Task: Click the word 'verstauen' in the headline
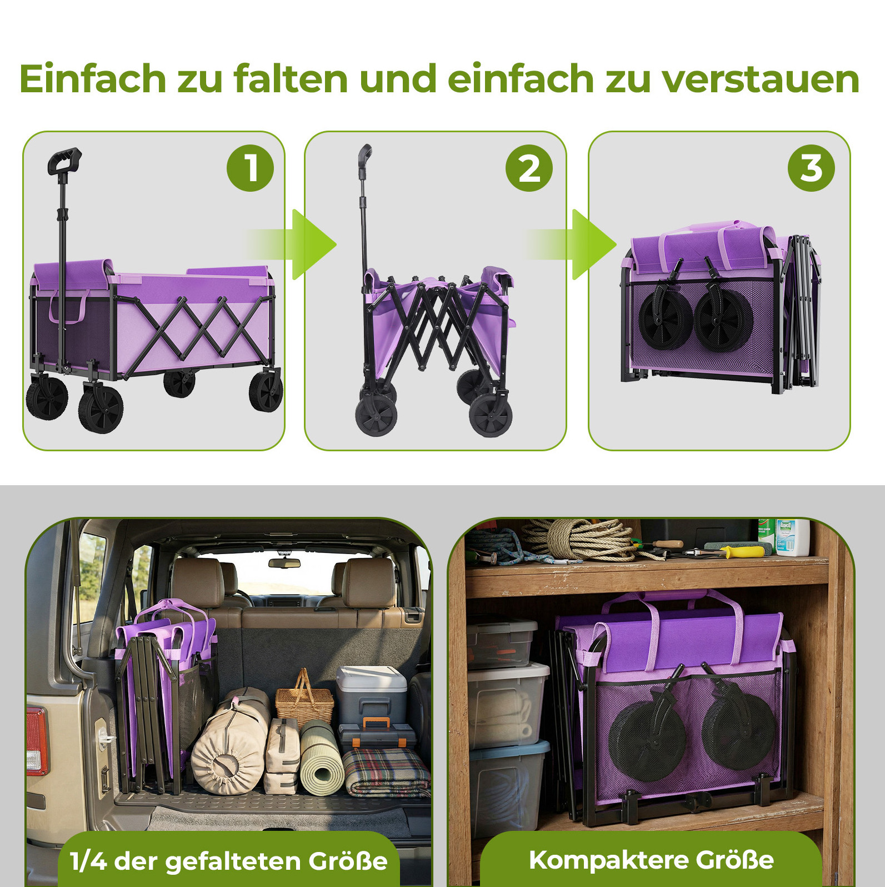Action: (x=761, y=79)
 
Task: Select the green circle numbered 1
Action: (x=250, y=168)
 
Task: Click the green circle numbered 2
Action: (x=529, y=168)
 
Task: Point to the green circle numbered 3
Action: (x=811, y=168)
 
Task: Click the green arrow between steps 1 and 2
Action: (x=292, y=245)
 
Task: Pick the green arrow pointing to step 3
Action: (x=572, y=245)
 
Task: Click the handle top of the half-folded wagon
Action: (x=364, y=155)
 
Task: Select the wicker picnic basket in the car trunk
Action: (x=304, y=700)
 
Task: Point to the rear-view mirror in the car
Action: (x=284, y=562)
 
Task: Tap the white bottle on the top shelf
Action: (x=792, y=537)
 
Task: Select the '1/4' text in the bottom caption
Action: (x=88, y=861)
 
